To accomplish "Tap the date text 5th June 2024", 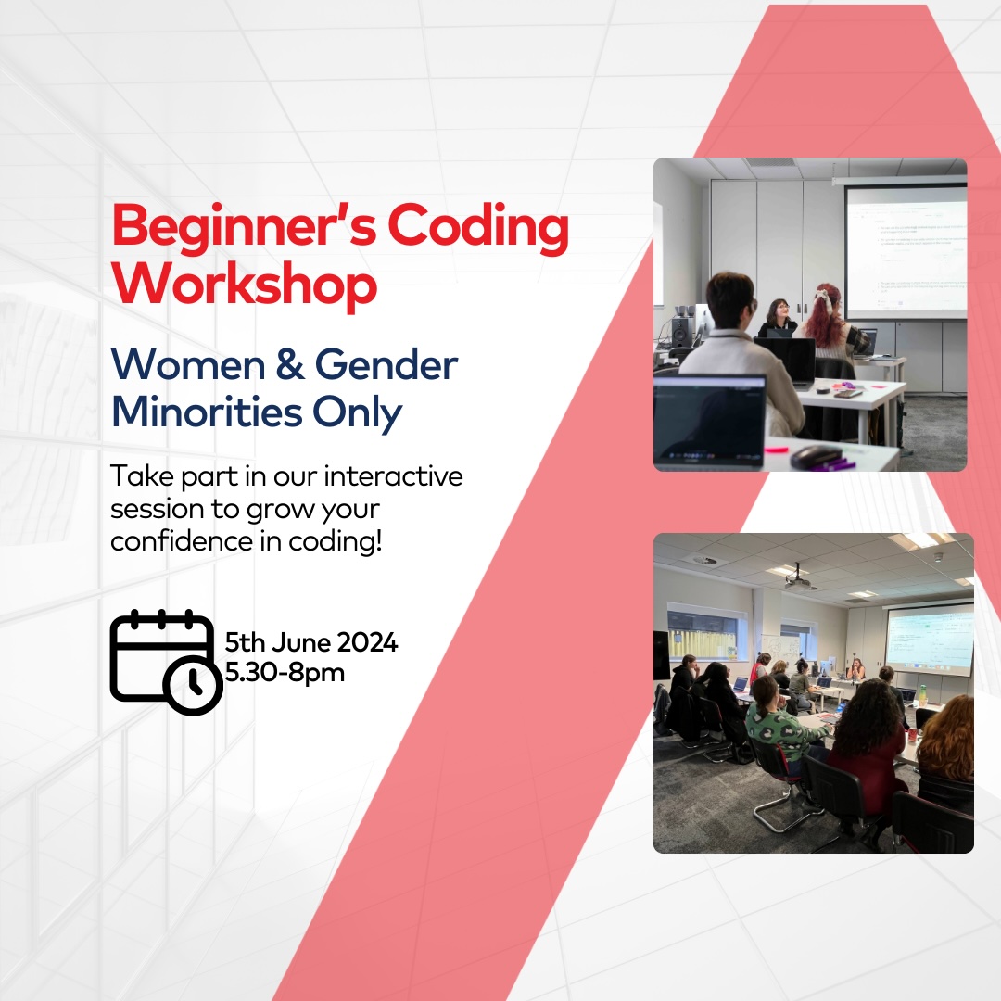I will (x=311, y=642).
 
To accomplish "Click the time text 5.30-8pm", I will (x=285, y=671).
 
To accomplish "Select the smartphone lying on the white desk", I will (x=847, y=393).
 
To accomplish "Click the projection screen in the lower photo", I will (x=930, y=639).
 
